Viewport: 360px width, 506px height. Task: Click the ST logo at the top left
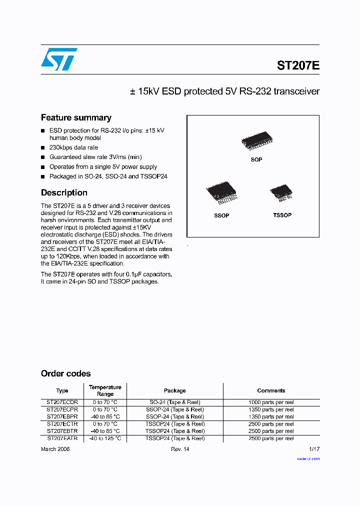(59, 59)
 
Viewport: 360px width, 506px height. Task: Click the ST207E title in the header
(298, 65)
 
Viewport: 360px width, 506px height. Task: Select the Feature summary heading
(76, 118)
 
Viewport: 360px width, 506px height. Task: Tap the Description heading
(64, 193)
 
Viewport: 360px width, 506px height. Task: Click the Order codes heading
(65, 373)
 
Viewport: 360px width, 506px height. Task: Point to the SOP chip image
(256, 141)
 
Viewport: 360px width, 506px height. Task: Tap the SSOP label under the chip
(221, 215)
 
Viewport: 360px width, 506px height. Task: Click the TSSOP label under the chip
(282, 215)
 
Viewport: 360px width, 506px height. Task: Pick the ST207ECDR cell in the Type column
(62, 402)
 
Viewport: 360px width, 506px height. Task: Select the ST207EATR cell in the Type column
(62, 438)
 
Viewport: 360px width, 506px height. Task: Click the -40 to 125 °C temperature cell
(105, 438)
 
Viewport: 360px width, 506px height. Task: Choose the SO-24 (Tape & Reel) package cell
(174, 402)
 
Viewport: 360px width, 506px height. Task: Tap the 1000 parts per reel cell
(271, 402)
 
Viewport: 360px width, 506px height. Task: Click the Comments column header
(271, 390)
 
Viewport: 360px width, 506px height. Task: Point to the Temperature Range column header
(105, 390)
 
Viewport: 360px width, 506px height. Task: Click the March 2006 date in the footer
(55, 449)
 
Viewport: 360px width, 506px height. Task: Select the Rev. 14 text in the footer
(180, 449)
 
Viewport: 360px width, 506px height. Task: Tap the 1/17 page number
(314, 449)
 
